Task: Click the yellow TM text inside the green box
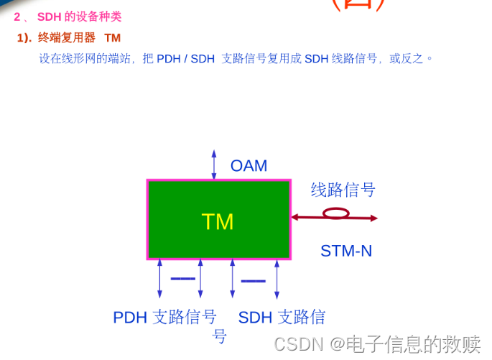click(x=218, y=221)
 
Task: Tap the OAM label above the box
click(x=249, y=166)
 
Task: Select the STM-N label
click(x=346, y=251)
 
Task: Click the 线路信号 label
click(x=343, y=190)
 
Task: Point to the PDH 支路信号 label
click(x=164, y=317)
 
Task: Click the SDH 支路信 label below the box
click(x=282, y=317)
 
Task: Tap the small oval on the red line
click(x=336, y=213)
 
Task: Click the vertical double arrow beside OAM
click(x=213, y=165)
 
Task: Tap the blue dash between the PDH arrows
click(x=182, y=278)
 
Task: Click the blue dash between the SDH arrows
click(x=253, y=281)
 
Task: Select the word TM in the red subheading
click(x=112, y=37)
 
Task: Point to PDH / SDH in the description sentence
click(x=185, y=59)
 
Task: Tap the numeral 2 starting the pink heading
click(x=17, y=17)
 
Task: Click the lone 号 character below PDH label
click(x=220, y=336)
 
